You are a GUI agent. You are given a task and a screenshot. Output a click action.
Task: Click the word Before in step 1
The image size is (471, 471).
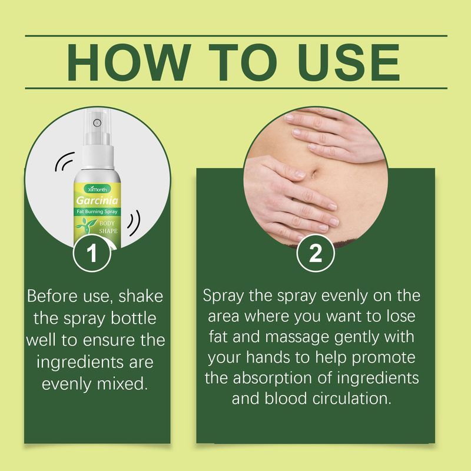[54, 295]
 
